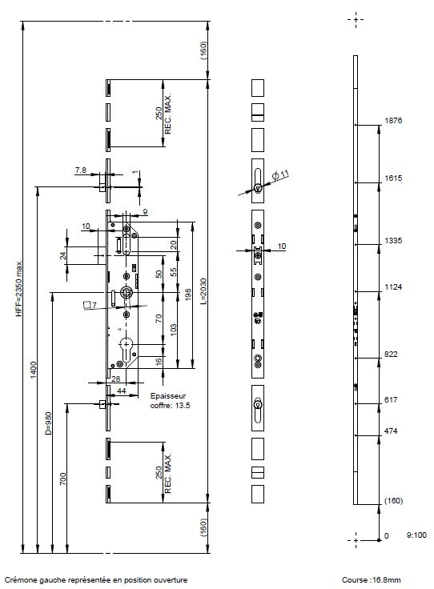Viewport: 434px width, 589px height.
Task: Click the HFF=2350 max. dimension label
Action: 19,288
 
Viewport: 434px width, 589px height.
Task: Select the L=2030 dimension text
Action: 203,291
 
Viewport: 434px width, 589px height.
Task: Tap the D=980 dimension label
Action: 48,423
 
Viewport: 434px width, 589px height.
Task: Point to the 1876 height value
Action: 393,121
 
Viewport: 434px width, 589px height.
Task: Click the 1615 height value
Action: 393,178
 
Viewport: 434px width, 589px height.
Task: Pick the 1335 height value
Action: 393,240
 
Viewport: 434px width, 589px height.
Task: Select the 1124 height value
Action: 393,287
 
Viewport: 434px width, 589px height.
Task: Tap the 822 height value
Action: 391,355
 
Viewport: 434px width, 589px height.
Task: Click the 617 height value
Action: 391,399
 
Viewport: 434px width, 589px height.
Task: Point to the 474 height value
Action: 391,431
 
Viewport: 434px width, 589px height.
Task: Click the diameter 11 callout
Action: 280,175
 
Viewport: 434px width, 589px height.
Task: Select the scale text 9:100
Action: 416,535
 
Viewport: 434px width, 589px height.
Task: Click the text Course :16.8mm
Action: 371,580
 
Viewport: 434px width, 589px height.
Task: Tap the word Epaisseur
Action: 168,396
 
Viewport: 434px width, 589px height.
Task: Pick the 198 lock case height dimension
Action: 188,294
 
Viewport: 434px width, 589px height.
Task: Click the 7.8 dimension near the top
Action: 80,170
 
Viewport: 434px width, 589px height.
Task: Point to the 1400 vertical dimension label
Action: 34,370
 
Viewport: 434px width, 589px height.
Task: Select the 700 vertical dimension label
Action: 62,479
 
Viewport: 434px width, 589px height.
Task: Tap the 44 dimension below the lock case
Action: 122,391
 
